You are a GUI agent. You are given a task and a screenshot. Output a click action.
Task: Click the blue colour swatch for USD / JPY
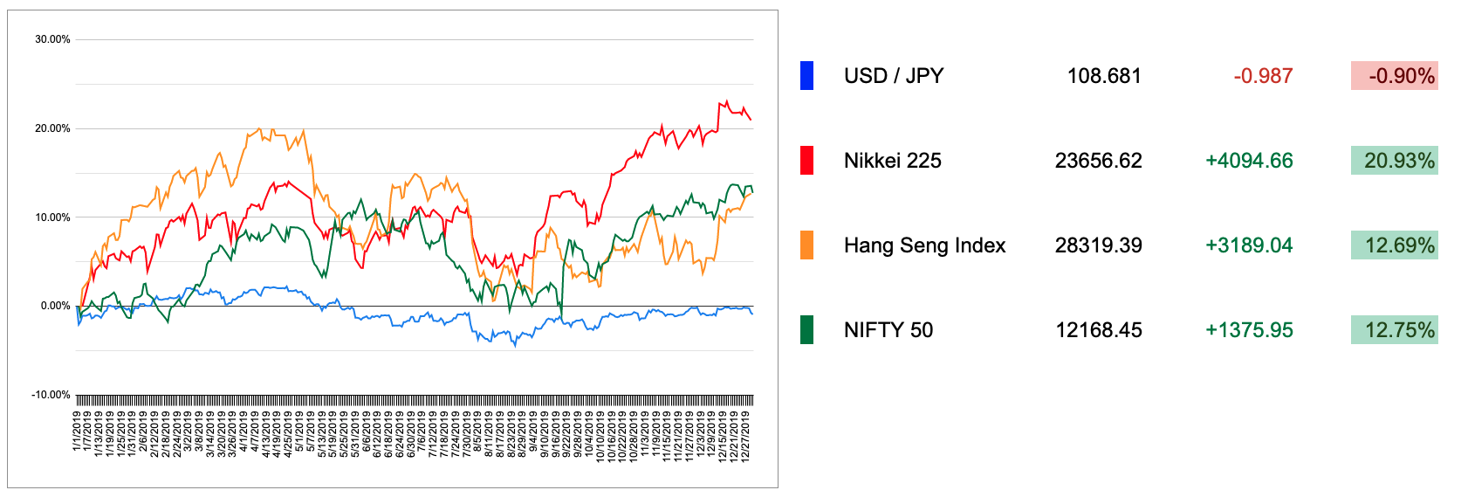[x=806, y=76]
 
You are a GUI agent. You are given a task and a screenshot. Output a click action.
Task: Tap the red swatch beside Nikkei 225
[x=806, y=161]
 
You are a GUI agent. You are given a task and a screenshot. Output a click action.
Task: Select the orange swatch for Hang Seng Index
[x=806, y=245]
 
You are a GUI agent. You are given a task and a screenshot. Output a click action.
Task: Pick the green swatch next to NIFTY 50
[x=806, y=330]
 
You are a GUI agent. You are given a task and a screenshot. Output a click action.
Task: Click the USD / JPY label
[x=894, y=76]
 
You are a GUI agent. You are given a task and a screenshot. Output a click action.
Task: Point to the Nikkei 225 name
[x=892, y=161]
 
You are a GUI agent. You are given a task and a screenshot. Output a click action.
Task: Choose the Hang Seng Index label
[x=924, y=245]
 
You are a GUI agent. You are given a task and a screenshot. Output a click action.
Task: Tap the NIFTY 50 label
[x=888, y=330]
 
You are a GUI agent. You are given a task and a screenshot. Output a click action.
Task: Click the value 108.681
[x=1104, y=76]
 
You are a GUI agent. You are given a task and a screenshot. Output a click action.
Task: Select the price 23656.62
[x=1098, y=161]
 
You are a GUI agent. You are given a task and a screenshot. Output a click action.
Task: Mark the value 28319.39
[x=1098, y=245]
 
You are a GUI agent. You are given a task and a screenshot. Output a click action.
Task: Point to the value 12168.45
[x=1098, y=330]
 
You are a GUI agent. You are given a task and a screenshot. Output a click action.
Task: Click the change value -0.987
[x=1263, y=76]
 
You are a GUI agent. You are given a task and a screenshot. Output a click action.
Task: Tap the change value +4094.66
[x=1249, y=161]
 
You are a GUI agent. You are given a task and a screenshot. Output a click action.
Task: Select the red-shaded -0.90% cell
[x=1394, y=76]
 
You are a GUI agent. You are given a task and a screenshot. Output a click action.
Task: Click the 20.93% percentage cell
[x=1394, y=161]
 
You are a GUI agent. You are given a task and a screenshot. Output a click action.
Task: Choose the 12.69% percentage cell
[x=1394, y=245]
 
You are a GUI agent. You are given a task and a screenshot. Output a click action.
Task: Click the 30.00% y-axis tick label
[x=52, y=39]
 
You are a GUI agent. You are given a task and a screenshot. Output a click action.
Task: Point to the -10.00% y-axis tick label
[x=51, y=395]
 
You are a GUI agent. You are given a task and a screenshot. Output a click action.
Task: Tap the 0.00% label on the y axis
[x=55, y=306]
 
